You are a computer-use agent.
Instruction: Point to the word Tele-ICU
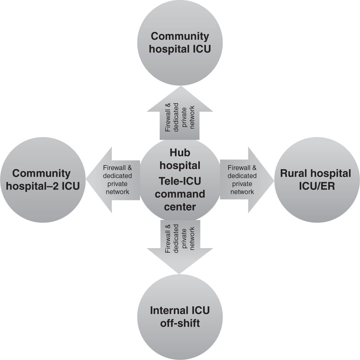tap(180, 181)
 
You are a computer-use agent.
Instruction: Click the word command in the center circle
tap(180, 194)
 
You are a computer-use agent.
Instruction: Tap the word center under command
tap(180, 207)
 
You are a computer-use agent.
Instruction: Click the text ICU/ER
tap(316, 186)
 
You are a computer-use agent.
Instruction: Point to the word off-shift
tap(180, 323)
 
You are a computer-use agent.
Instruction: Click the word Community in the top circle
tap(180, 36)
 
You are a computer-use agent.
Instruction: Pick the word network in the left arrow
tap(117, 192)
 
